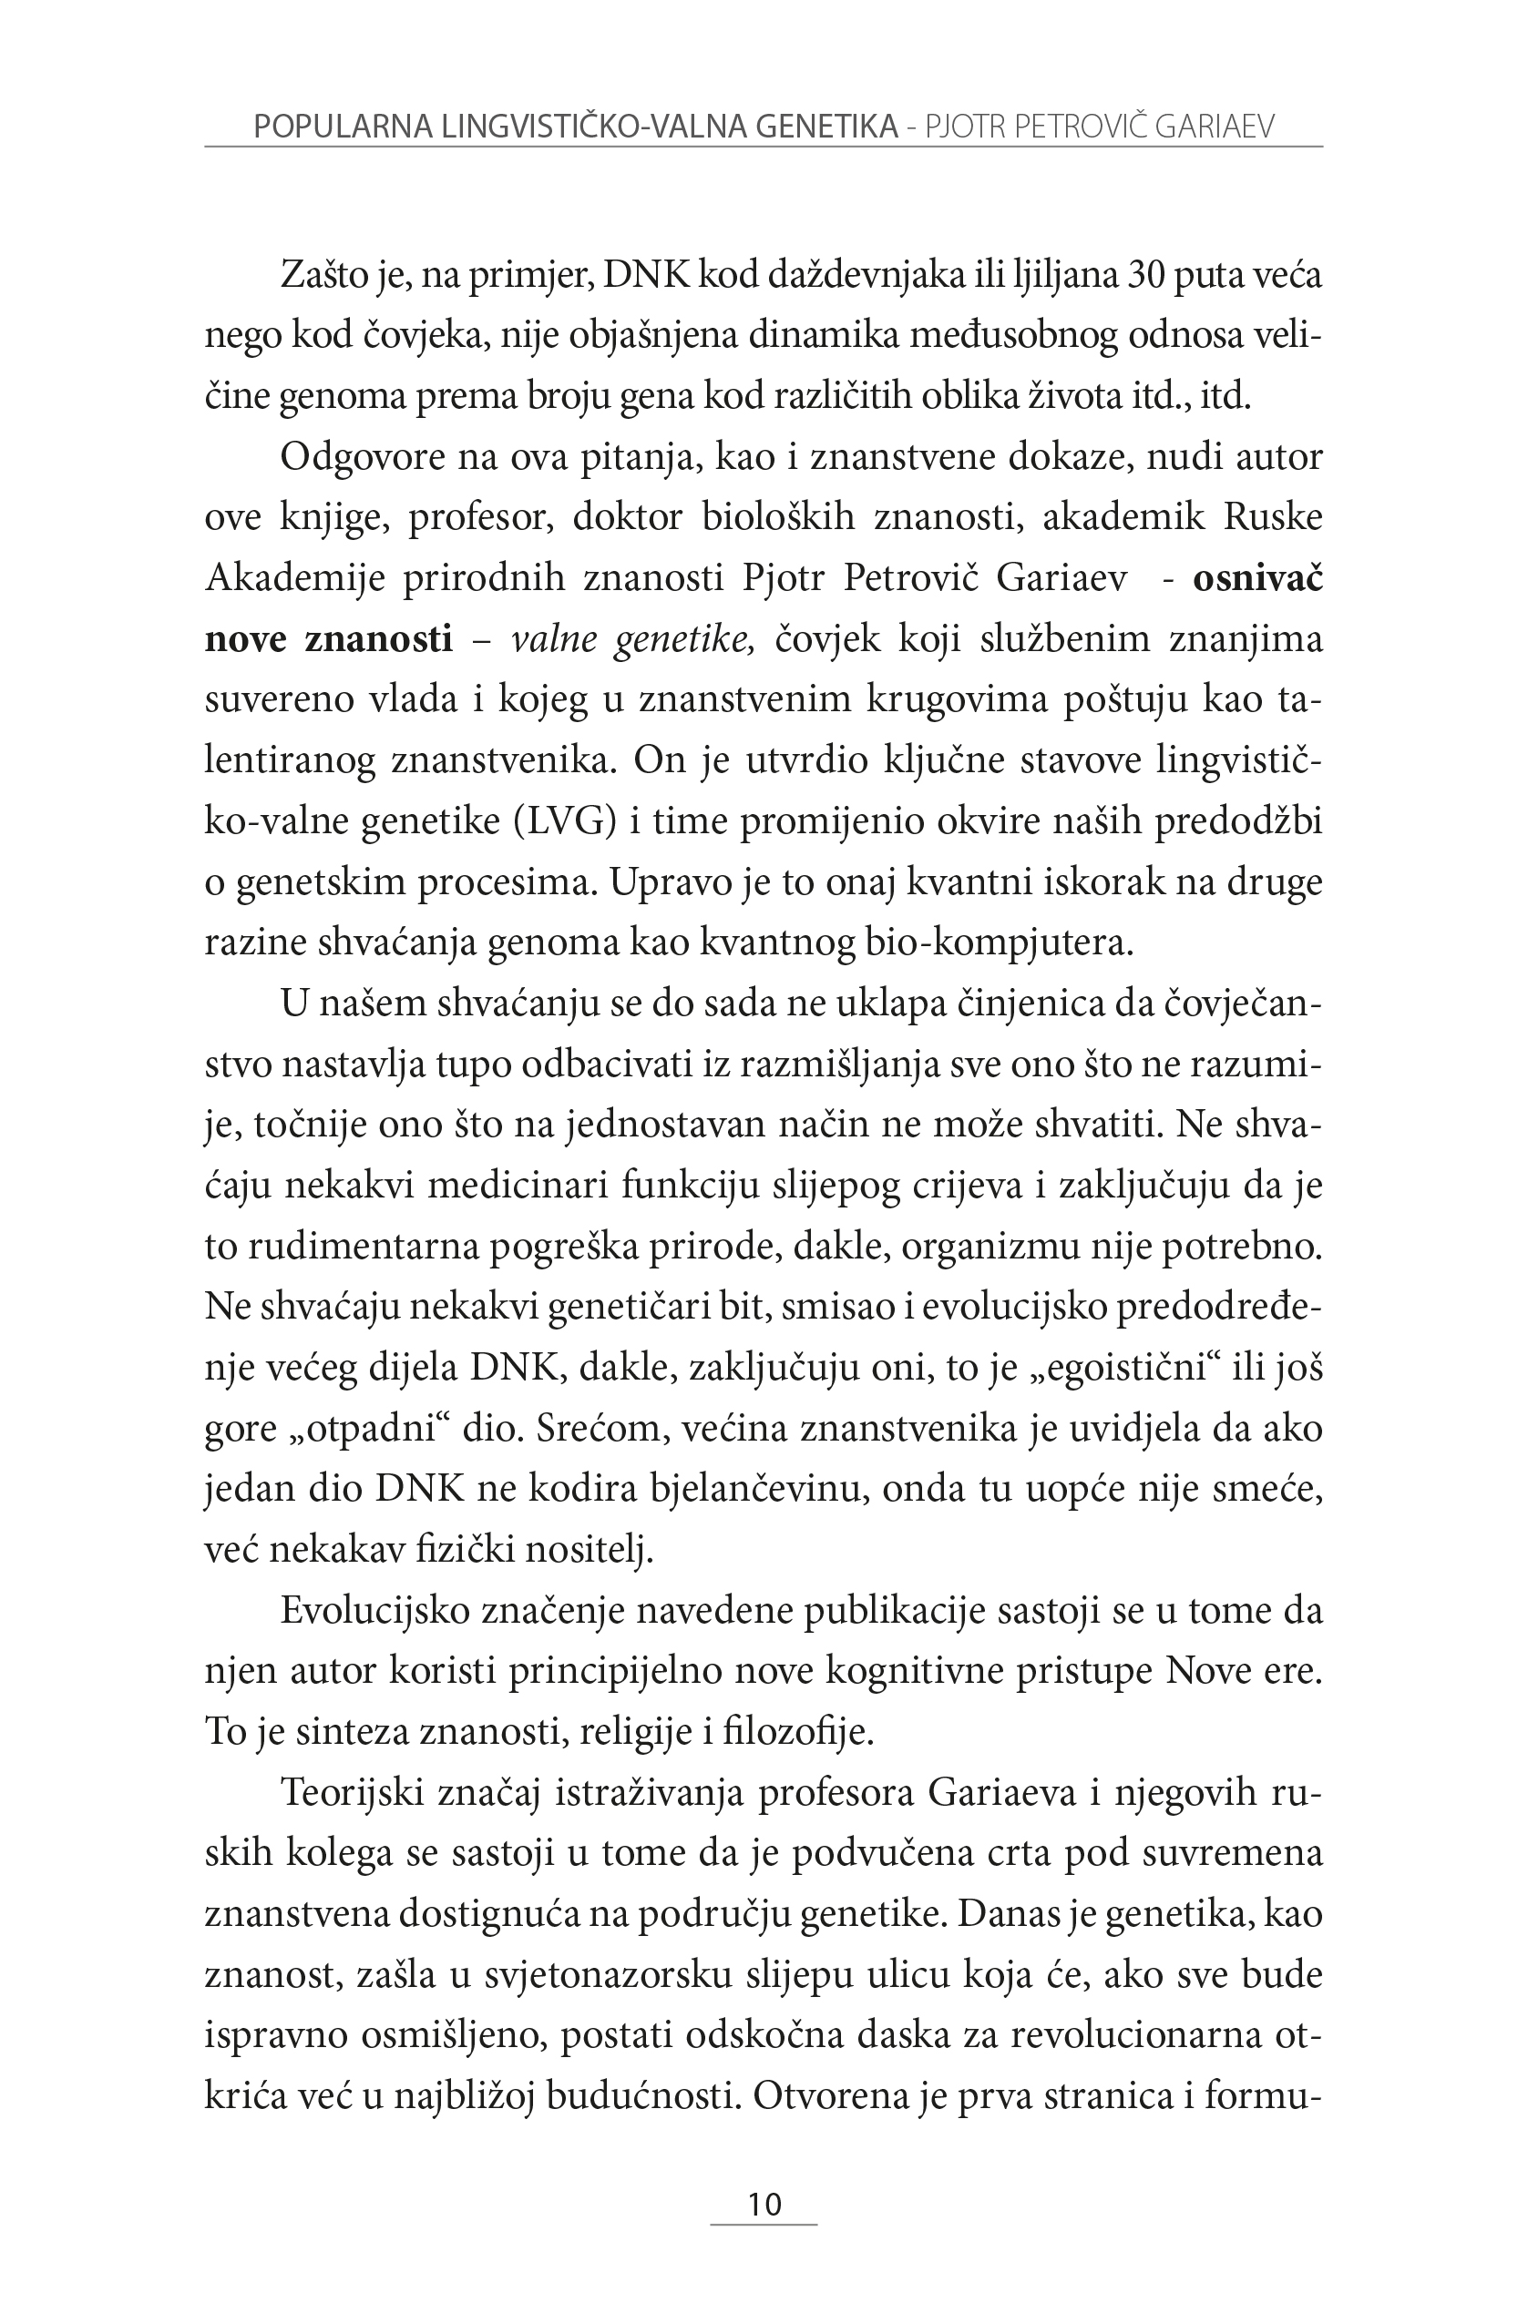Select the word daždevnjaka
(x=857, y=275)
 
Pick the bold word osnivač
(x=1257, y=578)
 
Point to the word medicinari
(x=518, y=1186)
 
